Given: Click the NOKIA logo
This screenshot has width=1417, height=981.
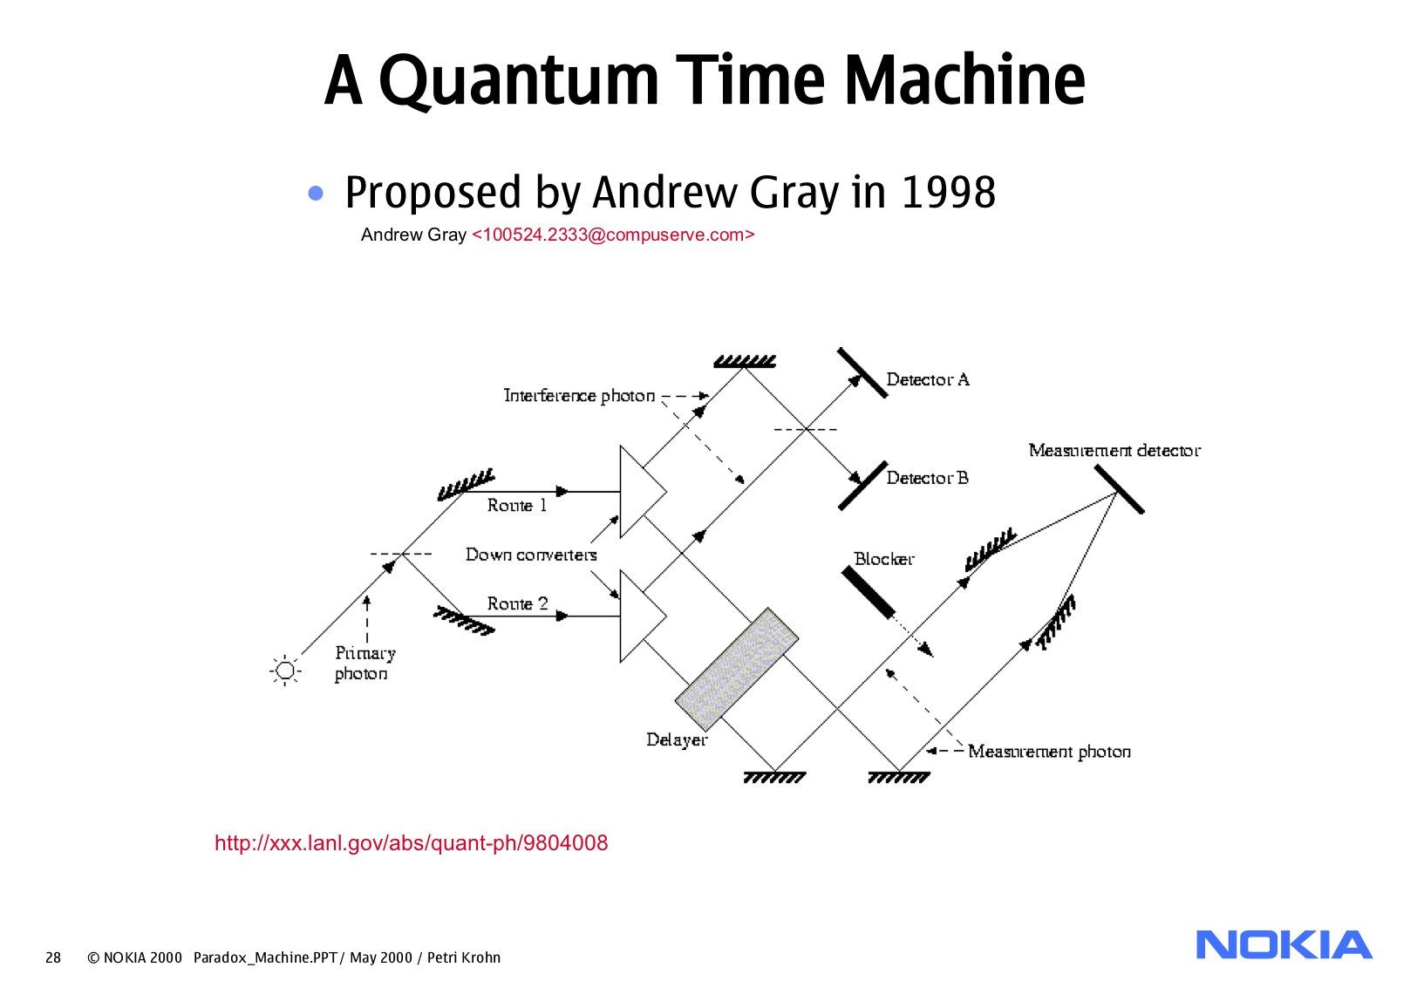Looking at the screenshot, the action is pos(1284,944).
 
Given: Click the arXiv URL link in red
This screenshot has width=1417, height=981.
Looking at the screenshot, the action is pos(412,843).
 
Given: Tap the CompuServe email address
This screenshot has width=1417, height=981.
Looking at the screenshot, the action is pos(613,235).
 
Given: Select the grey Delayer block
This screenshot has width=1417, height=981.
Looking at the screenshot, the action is pos(736,669).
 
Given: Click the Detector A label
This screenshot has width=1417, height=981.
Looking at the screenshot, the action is pos(928,379).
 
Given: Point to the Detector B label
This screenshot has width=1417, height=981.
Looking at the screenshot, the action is pos(928,478).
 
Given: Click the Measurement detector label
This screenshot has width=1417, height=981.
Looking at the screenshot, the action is pos(1114,450).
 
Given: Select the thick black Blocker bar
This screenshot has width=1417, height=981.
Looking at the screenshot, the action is pos(868,593).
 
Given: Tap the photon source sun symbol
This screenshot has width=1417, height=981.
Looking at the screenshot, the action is pos(285,671).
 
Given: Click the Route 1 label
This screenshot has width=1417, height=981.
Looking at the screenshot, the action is pos(516,506).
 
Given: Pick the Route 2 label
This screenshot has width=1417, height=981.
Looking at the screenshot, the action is pos(517,603).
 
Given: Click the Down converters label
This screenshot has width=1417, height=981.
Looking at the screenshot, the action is pos(531,555).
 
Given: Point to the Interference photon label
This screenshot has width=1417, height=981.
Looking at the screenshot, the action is pos(579,396).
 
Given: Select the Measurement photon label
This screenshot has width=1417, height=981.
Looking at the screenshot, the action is pos(1049,752).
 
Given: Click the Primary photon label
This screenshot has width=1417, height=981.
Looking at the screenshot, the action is pos(365,664).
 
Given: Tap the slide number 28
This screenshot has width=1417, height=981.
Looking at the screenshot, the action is pos(53,957).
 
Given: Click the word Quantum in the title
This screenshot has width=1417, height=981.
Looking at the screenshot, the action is pos(519,80).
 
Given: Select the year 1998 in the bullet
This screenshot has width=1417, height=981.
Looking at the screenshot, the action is pos(948,193).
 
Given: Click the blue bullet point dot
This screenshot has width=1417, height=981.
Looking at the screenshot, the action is pos(316,193).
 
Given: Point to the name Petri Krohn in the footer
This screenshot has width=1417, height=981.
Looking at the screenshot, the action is pos(464,957).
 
